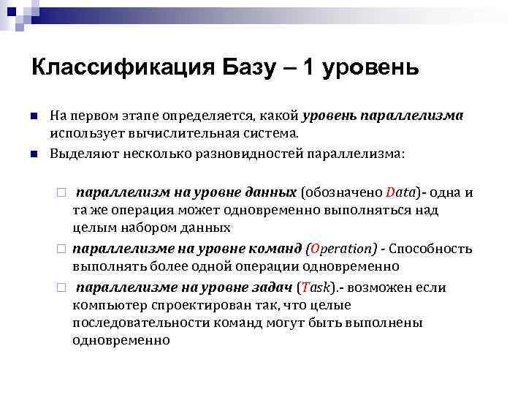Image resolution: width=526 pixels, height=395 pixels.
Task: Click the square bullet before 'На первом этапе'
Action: tap(34, 116)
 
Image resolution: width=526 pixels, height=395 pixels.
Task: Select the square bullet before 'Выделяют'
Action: tap(34, 154)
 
